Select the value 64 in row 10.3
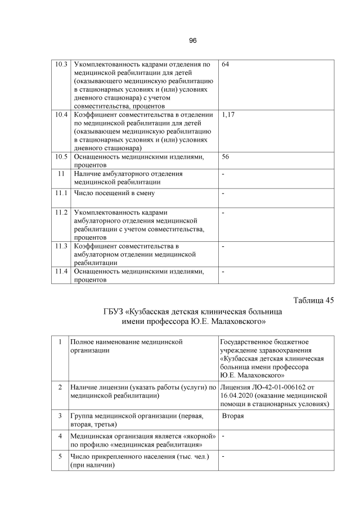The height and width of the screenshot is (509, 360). (x=226, y=65)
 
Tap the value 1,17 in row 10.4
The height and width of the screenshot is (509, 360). (x=228, y=114)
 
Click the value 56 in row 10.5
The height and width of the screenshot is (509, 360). (x=226, y=156)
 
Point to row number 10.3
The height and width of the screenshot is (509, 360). (x=61, y=65)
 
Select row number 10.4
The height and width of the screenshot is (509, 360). (x=61, y=114)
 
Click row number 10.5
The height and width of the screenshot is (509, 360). (x=61, y=156)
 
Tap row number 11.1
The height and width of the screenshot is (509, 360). (x=61, y=193)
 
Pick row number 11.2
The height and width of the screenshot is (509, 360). (x=61, y=213)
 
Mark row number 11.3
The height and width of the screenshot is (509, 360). (x=61, y=246)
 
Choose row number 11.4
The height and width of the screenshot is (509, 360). (x=61, y=272)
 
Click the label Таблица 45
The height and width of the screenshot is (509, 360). (x=313, y=300)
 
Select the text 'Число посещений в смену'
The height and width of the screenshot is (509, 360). (x=114, y=193)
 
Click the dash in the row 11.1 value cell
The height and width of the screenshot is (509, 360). (x=223, y=194)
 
